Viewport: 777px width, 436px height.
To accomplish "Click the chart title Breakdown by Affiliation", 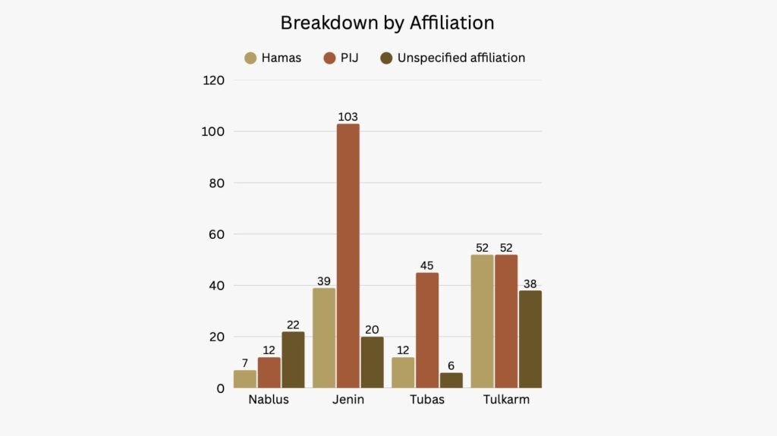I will (x=387, y=23).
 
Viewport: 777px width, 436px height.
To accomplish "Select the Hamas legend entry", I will (x=273, y=58).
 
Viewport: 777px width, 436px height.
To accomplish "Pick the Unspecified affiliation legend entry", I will (x=453, y=58).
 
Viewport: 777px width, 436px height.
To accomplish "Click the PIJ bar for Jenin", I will (x=348, y=256).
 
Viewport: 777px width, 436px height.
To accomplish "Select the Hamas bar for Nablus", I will (x=245, y=378).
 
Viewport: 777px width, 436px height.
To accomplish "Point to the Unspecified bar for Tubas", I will (x=451, y=380).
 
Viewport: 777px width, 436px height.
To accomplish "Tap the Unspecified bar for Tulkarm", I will (x=530, y=339).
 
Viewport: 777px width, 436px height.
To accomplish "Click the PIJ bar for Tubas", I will (x=427, y=330).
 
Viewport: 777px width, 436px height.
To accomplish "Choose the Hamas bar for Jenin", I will (x=324, y=337).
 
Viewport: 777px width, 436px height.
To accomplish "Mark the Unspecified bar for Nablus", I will (x=293, y=359).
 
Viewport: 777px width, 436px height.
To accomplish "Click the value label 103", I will (x=348, y=117).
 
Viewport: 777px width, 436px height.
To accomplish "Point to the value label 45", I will (x=427, y=265).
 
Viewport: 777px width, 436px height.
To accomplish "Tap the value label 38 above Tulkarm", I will (x=530, y=284).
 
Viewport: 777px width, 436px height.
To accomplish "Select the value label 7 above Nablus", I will (x=245, y=363).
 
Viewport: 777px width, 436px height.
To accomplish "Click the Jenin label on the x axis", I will (x=348, y=400).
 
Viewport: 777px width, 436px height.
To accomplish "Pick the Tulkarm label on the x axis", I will (x=506, y=400).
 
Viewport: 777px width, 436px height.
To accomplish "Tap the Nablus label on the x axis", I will (x=269, y=400).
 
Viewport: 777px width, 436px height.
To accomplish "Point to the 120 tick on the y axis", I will (x=214, y=80).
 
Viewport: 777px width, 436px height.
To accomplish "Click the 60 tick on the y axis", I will (x=217, y=234).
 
